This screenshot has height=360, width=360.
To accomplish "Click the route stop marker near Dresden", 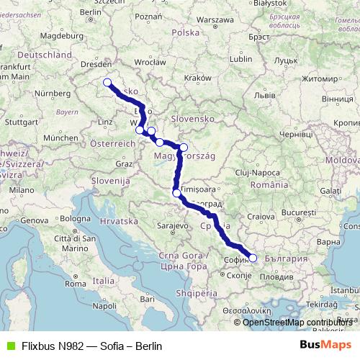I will [x=107, y=82].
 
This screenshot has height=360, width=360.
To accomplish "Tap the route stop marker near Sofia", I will [x=253, y=257].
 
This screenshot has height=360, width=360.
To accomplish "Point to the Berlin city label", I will [x=90, y=12].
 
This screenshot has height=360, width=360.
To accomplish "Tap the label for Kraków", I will [x=197, y=78].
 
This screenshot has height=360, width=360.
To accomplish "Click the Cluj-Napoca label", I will [x=256, y=173].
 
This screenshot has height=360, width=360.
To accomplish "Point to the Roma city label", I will [x=75, y=284].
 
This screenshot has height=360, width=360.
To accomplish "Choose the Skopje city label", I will [x=239, y=276].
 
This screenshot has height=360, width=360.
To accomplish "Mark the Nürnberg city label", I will [x=53, y=93].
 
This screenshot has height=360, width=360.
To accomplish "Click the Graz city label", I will [x=123, y=163].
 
